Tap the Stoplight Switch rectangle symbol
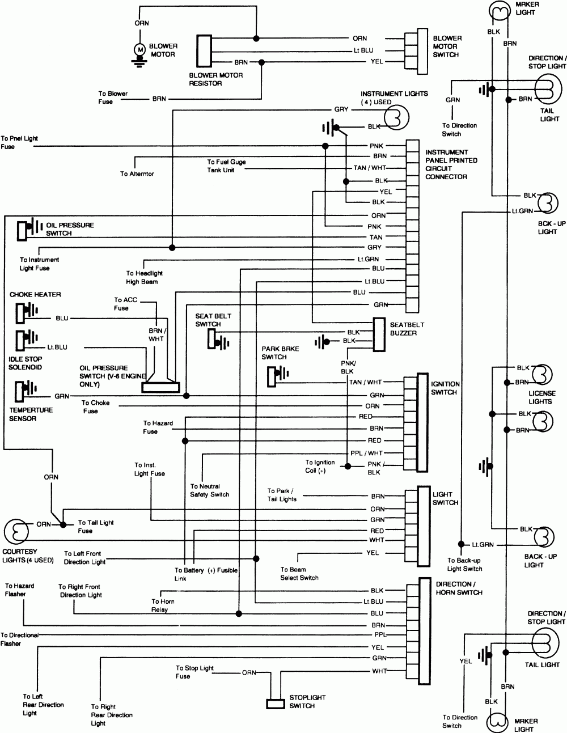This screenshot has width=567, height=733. [x=276, y=704]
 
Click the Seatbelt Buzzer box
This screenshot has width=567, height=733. [x=379, y=333]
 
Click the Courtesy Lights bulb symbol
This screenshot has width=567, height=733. [x=15, y=531]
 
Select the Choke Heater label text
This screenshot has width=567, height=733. [x=35, y=295]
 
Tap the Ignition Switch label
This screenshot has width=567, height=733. [x=446, y=388]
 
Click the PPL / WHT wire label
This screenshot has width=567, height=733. [x=367, y=453]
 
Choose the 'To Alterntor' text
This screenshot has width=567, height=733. [x=137, y=174]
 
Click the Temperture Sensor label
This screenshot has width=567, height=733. [x=31, y=414]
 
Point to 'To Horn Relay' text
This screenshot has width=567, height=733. [x=163, y=605]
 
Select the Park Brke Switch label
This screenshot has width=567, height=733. [x=274, y=353]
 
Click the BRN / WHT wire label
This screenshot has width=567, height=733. [x=156, y=334]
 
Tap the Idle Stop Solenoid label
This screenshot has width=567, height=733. [x=25, y=363]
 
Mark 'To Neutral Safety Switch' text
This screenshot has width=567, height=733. [x=210, y=490]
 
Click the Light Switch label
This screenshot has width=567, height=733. [x=445, y=498]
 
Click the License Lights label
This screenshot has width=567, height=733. [x=542, y=397]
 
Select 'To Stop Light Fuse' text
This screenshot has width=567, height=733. [x=194, y=672]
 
